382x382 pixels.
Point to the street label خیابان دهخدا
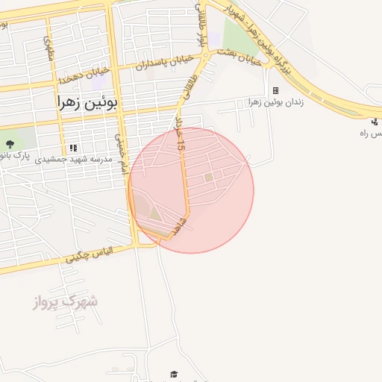pos(86,74)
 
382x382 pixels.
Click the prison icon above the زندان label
pos(275,90)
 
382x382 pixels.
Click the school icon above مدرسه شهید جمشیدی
pos(72,148)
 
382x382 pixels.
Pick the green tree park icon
pos(10,142)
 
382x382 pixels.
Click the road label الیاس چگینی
pos(88,255)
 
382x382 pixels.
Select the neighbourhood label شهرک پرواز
pos(66,301)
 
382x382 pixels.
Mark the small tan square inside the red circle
pos(208,178)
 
